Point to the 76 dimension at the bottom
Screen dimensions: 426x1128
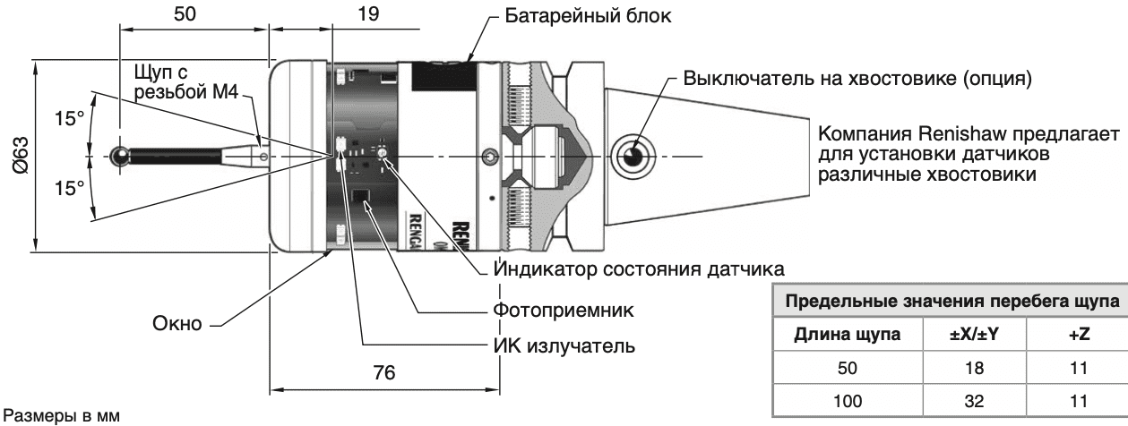(x=384, y=371)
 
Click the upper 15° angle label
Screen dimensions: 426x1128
(x=67, y=119)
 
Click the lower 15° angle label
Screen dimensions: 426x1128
(x=67, y=188)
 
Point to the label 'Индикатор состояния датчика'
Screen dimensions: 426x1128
(x=640, y=268)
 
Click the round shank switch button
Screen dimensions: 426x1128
(x=633, y=156)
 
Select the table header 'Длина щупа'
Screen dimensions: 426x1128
(x=845, y=334)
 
